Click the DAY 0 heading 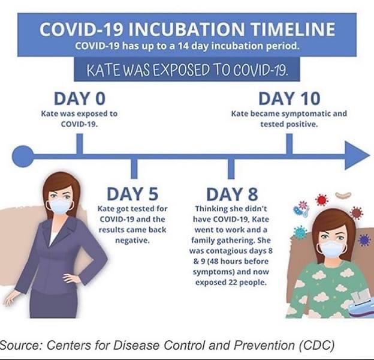[80, 98]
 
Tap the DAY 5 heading [132, 194]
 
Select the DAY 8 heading [232, 194]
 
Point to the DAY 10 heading [289, 98]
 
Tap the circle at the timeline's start [23, 157]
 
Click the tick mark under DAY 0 [80, 144]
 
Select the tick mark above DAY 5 [134, 169]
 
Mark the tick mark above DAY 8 [231, 169]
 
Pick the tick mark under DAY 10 [289, 144]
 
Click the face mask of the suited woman [59, 206]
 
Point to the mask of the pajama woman [333, 249]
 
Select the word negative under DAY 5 [132, 241]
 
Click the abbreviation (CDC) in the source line [316, 345]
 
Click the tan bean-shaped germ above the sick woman [343, 195]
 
